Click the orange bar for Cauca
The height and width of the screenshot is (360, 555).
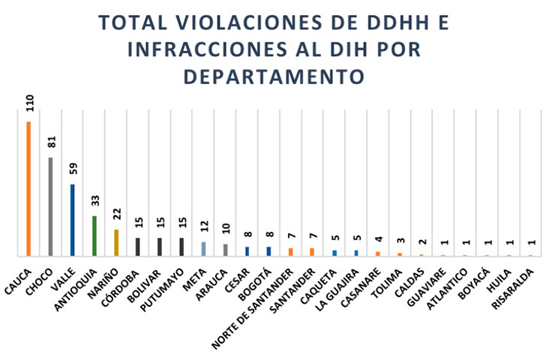(28, 189)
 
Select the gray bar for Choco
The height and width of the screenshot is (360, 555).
(50, 207)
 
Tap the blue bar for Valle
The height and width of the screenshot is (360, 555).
(72, 220)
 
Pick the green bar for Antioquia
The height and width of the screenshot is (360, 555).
(94, 236)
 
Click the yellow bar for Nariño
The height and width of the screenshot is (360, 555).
(116, 243)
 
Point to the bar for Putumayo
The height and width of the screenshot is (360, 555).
(181, 247)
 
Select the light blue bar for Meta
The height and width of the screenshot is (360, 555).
(203, 249)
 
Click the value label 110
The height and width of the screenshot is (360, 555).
(29, 103)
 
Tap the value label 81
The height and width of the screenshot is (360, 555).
(51, 142)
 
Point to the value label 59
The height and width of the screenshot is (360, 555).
(73, 169)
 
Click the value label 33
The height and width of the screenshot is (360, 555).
(94, 200)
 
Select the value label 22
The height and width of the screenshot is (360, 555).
(116, 214)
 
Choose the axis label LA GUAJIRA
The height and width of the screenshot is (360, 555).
(339, 283)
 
